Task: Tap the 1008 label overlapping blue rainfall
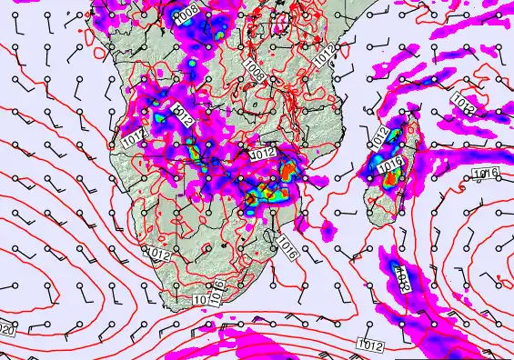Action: [x=187, y=15]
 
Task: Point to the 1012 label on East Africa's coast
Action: [x=326, y=56]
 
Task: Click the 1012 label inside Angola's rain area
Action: [x=181, y=115]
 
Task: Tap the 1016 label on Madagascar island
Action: [x=391, y=165]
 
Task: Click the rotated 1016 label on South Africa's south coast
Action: [x=217, y=291]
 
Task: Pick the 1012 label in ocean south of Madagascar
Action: [x=369, y=344]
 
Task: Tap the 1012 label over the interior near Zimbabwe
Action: [x=262, y=155]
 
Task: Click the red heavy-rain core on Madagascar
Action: [x=391, y=179]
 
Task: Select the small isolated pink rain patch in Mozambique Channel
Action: [x=328, y=226]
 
